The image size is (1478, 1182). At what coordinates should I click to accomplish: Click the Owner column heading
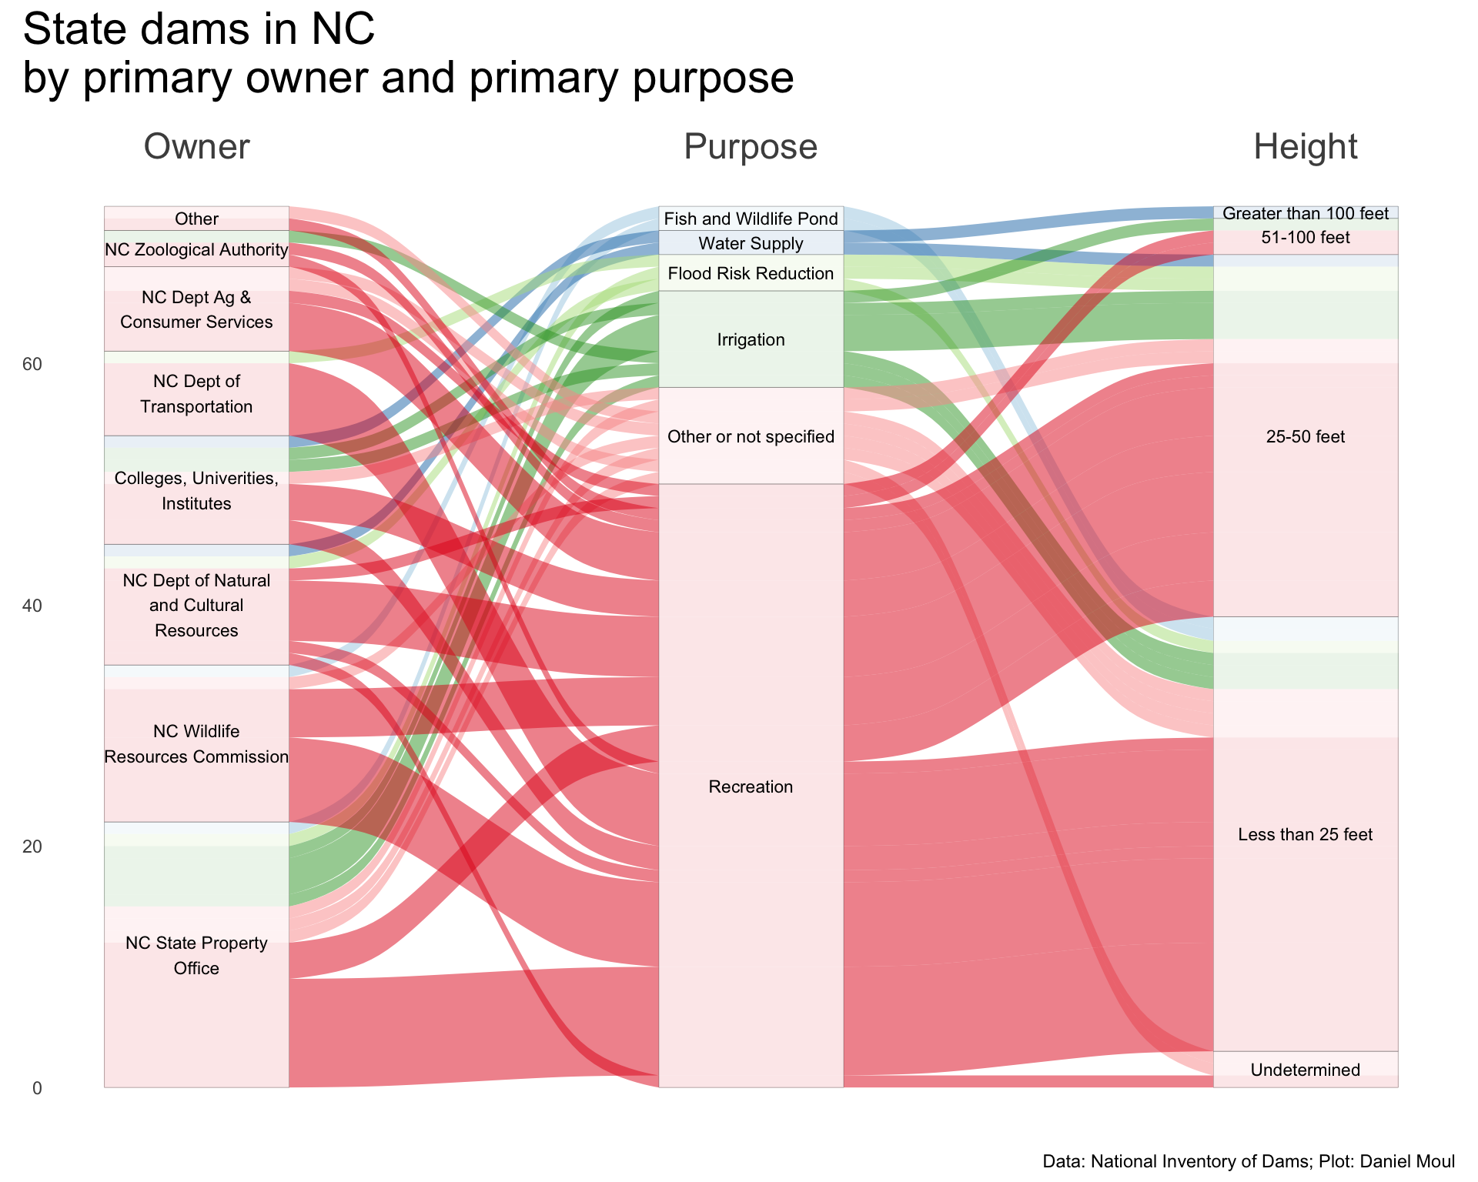[x=196, y=146]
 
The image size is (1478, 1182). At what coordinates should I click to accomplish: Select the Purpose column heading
[x=750, y=146]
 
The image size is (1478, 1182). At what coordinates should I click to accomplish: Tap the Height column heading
[x=1305, y=146]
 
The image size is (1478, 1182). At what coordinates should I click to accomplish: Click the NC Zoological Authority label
[x=196, y=250]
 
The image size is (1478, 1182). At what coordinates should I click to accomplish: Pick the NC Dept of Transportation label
[x=196, y=394]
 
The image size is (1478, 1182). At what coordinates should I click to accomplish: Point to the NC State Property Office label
[x=196, y=955]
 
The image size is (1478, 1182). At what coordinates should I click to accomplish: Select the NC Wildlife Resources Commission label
[x=196, y=743]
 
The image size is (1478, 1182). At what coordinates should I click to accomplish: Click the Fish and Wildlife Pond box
[x=751, y=219]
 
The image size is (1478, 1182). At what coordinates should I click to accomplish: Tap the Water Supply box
[x=751, y=244]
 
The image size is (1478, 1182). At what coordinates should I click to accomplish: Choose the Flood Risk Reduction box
[x=751, y=273]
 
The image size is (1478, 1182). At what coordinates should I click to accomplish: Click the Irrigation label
[x=751, y=339]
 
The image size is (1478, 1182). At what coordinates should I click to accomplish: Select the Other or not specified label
[x=751, y=437]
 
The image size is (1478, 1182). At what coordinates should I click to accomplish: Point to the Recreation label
[x=751, y=786]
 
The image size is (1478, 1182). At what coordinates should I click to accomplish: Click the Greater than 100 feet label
[x=1305, y=213]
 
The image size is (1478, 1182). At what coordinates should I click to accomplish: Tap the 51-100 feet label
[x=1305, y=238]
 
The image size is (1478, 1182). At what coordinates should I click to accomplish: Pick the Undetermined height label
[x=1305, y=1070]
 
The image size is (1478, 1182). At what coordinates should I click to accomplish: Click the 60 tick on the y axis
[x=32, y=364]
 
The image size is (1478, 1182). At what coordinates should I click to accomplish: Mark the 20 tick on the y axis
[x=32, y=846]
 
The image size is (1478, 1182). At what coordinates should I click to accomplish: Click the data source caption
[x=1248, y=1161]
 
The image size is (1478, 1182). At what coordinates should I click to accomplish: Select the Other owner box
[x=196, y=219]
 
